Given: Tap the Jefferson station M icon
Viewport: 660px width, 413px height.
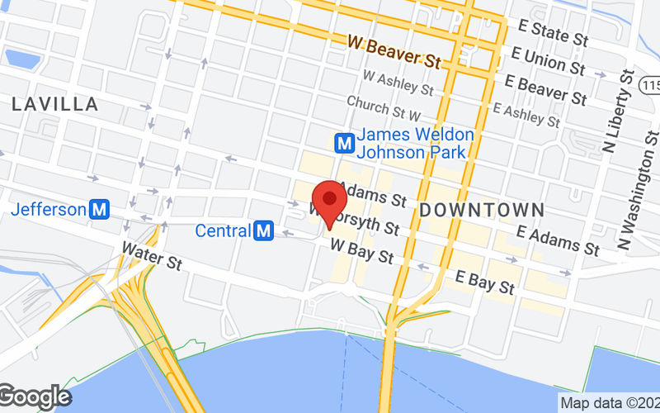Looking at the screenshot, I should (100, 209).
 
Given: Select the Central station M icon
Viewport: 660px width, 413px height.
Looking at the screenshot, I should (264, 230).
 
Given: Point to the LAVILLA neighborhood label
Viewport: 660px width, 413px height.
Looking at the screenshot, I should (55, 105).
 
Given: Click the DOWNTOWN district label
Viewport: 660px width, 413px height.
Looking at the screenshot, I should (482, 210).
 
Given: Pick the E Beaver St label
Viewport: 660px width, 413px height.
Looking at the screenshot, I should (546, 89).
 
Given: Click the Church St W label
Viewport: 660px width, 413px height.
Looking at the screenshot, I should (384, 107).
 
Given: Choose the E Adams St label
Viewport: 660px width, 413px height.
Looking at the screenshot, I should (557, 240).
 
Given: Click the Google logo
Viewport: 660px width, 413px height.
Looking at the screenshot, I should (35, 397).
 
